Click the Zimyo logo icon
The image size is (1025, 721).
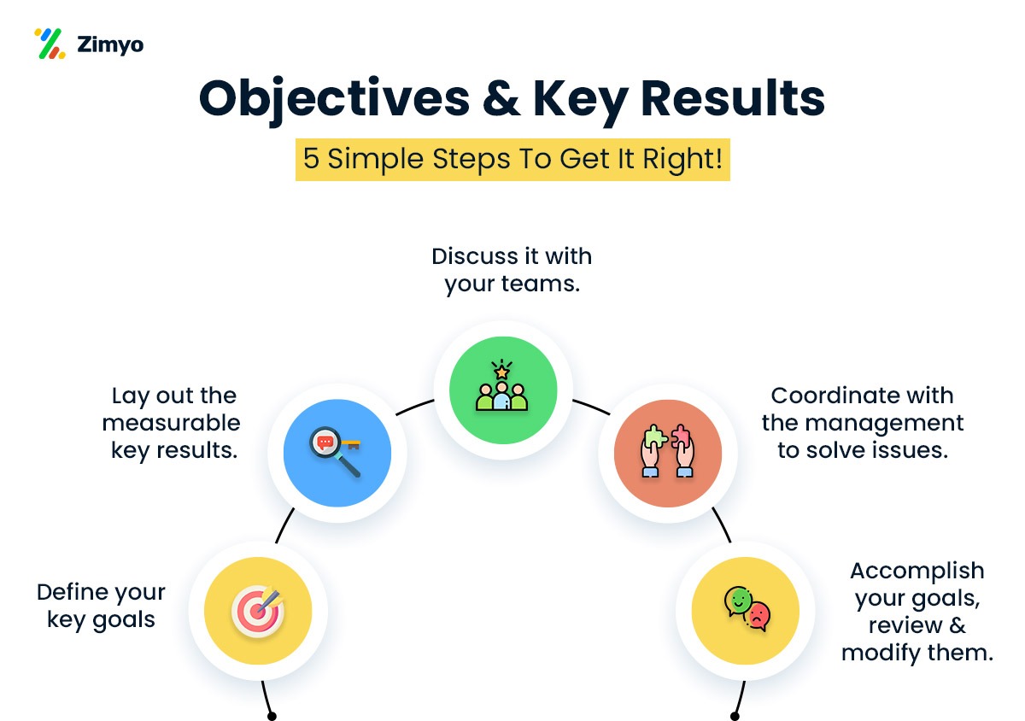tap(50, 44)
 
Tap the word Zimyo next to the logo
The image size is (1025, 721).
tap(110, 45)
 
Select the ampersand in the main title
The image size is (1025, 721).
tap(501, 97)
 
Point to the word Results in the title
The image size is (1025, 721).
tap(733, 97)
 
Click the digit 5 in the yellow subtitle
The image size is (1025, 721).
tap(311, 158)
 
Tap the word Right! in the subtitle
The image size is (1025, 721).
tap(682, 159)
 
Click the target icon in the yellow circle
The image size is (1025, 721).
tap(258, 610)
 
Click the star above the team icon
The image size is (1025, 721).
tap(502, 372)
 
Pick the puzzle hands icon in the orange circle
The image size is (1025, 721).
tap(668, 451)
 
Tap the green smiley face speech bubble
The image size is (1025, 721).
tap(738, 601)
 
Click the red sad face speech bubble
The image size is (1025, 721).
tap(758, 617)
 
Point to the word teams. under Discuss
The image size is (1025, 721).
tap(541, 284)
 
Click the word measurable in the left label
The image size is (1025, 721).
tap(171, 423)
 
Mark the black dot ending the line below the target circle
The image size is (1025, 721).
tap(272, 716)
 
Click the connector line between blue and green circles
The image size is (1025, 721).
tap(414, 407)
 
